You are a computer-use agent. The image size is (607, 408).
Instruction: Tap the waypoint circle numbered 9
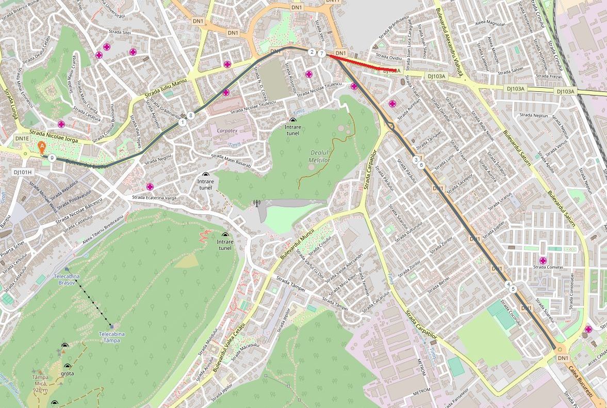coord(52,158)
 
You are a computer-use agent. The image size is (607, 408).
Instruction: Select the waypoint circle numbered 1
coord(183,122)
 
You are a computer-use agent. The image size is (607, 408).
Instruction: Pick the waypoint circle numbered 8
coord(191,116)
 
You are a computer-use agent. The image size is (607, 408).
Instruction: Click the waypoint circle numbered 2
coord(312,52)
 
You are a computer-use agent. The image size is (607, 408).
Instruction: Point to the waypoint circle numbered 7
coord(322,54)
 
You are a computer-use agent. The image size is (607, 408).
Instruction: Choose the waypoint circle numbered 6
coord(421,165)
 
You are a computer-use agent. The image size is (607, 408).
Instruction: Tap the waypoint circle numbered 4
coord(508,285)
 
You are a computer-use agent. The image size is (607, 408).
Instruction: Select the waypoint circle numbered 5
coord(513,289)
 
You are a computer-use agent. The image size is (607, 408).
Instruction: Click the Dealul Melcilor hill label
coord(319,156)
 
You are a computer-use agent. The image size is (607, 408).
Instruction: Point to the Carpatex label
coord(227,131)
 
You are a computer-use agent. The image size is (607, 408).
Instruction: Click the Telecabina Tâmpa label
coord(112,337)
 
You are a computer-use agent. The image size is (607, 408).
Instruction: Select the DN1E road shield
coord(22,138)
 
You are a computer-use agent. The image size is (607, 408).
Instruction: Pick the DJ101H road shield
coord(23,172)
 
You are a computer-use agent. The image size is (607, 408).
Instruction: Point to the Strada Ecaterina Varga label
coord(154,198)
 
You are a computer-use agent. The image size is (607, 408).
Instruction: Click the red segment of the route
coord(361,63)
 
